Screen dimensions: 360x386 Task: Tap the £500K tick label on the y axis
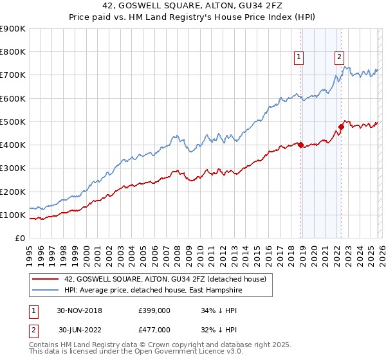(12, 122)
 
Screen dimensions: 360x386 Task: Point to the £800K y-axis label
(12, 52)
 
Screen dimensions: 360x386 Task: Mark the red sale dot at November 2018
(301, 145)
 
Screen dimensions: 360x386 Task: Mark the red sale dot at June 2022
(342, 127)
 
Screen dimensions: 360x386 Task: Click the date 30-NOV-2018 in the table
(80, 310)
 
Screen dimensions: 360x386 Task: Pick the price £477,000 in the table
(154, 329)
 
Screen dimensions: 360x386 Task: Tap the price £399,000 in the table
(154, 310)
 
